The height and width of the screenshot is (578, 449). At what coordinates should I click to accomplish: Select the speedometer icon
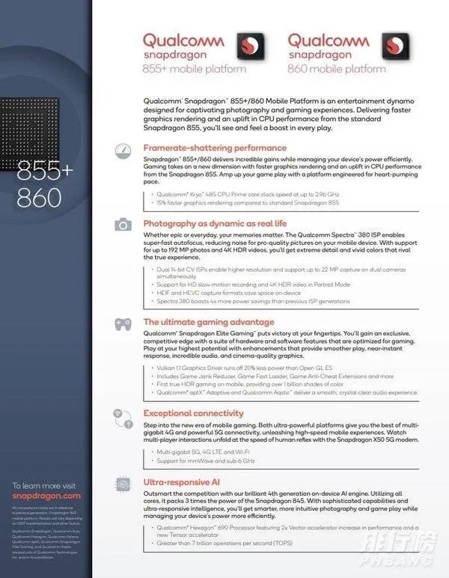(x=123, y=150)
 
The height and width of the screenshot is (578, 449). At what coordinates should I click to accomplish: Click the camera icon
(x=123, y=225)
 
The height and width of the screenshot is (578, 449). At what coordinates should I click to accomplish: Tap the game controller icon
(x=123, y=324)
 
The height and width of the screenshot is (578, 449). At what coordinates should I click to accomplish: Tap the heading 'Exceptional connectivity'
(x=193, y=413)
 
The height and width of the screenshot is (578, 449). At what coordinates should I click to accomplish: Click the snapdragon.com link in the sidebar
(x=46, y=496)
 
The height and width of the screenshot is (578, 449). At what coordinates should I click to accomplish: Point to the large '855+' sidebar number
(x=46, y=171)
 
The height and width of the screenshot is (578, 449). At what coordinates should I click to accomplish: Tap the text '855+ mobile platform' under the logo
(x=194, y=70)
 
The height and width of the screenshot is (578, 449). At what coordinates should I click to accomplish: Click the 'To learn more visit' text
(x=44, y=485)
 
